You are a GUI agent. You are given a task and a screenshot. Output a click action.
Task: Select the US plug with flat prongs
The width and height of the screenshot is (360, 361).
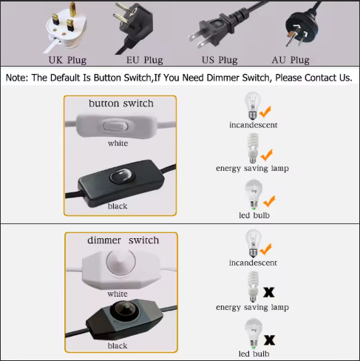point(222,27)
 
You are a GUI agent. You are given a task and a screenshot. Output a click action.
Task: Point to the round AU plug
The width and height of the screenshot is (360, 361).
point(302,27)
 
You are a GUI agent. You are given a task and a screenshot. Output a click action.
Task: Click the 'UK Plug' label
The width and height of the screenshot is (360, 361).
point(67,60)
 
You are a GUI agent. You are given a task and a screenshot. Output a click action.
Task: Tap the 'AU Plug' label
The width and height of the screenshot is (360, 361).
point(291,60)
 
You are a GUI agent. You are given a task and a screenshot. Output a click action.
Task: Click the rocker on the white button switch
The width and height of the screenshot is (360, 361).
point(115,126)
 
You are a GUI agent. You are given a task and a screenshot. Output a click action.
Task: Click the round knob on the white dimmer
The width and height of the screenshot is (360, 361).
point(120,263)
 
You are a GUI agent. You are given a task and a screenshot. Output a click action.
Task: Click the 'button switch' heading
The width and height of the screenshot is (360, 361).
point(121,104)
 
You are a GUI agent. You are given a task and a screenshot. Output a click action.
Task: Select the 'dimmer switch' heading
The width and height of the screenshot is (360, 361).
point(123,240)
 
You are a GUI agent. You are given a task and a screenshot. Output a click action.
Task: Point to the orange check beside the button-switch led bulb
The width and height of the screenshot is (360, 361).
point(269,201)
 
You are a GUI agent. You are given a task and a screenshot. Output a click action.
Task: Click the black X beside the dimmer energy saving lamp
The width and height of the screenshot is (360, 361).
point(269,292)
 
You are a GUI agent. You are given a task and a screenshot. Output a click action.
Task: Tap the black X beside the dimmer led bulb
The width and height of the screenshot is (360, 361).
point(269,340)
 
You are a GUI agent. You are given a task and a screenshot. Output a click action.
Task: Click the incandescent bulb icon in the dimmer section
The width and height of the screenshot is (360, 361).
point(253,243)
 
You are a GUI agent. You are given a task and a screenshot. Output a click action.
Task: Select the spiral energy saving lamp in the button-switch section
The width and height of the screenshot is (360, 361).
point(253,148)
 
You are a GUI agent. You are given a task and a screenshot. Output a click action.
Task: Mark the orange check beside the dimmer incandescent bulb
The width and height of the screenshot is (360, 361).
point(265,249)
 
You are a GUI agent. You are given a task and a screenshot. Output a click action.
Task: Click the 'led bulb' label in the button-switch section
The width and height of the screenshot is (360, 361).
point(254,215)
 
